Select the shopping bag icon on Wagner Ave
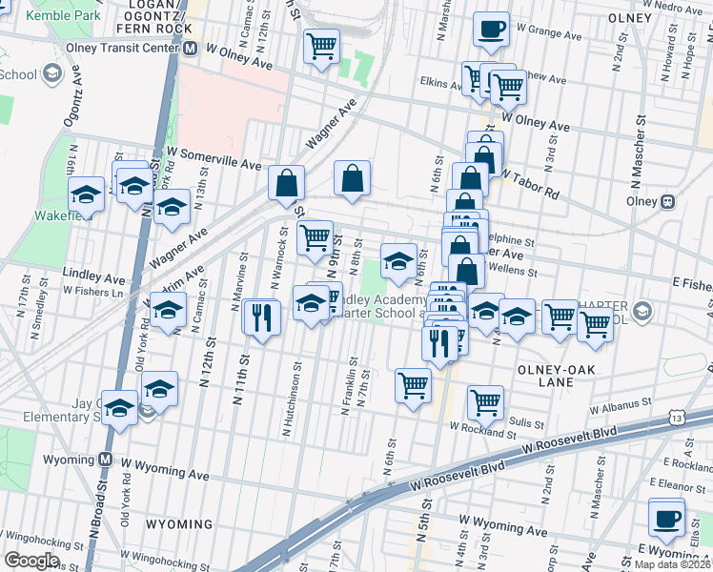pos(352,177)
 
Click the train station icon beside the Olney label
pos(669,201)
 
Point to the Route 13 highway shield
pos(676,418)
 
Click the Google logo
pos(32,560)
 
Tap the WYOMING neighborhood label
pos(179,524)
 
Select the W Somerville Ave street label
pos(214,157)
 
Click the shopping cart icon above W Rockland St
pos(486,402)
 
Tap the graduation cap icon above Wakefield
pos(87,194)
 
